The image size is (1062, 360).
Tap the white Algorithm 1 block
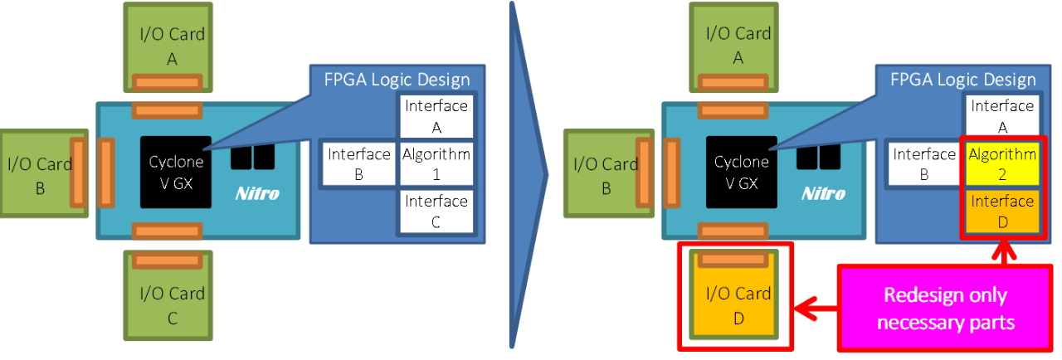click(x=436, y=163)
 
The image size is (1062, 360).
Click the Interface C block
click(x=436, y=211)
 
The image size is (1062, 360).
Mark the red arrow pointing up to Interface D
click(x=1003, y=252)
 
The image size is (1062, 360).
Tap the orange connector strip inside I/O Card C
click(x=168, y=260)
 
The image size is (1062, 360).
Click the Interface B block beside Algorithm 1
click(x=358, y=163)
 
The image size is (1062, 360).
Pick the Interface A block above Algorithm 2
click(x=1002, y=116)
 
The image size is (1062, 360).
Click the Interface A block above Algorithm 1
click(x=436, y=116)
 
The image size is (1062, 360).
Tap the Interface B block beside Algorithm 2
click(x=924, y=163)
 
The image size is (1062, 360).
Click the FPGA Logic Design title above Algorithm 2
click(x=962, y=80)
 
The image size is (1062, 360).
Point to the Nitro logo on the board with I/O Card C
click(x=256, y=194)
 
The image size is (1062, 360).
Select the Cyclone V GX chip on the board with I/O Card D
click(x=742, y=172)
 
